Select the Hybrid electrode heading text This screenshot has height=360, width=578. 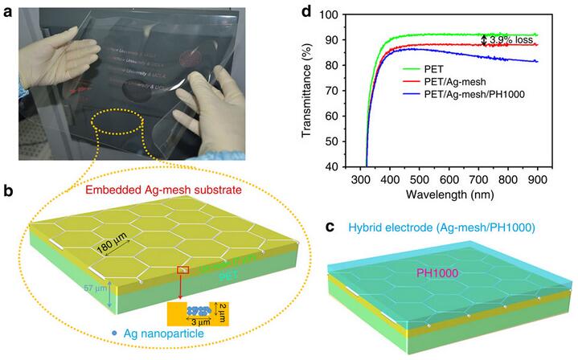438,234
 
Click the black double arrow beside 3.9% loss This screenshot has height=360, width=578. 483,39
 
